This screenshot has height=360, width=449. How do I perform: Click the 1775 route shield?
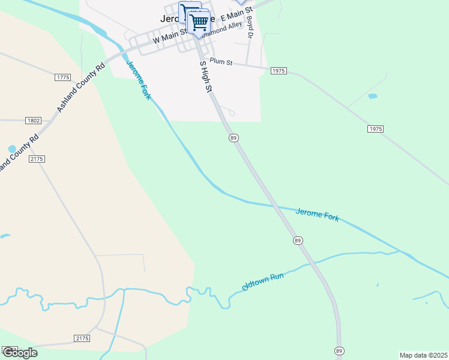point(62,77)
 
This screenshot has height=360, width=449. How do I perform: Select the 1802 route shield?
point(34,121)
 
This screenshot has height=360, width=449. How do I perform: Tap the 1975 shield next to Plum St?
point(279,71)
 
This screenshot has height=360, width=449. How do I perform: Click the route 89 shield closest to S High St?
point(234,138)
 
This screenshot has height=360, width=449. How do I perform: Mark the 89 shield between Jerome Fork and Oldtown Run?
point(298,241)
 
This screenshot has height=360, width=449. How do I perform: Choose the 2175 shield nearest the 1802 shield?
point(36,158)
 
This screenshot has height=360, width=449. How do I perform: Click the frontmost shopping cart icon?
point(198,22)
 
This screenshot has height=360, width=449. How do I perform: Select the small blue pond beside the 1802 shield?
point(12,149)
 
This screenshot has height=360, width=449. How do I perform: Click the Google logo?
point(20,353)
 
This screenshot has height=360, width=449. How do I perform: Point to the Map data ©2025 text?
point(423,355)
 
